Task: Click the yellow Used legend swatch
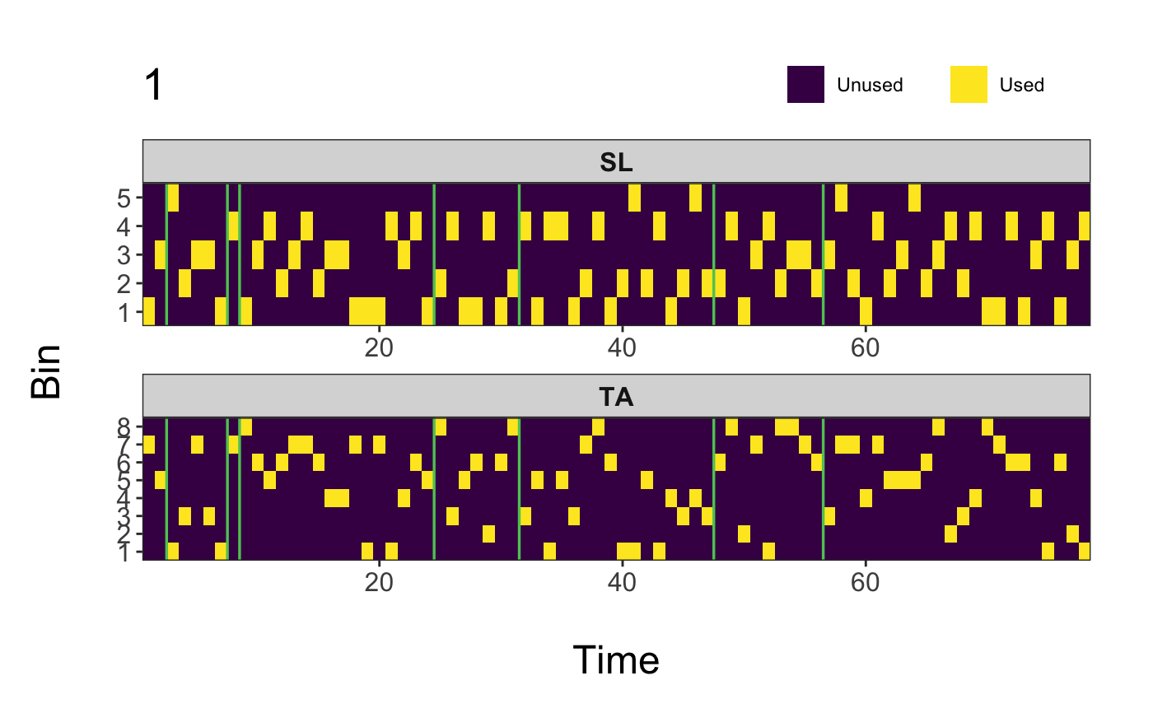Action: pyautogui.click(x=969, y=85)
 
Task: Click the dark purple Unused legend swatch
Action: pyautogui.click(x=805, y=85)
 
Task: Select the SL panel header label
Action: pyautogui.click(x=616, y=162)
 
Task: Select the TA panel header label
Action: pyautogui.click(x=616, y=397)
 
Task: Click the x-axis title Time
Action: pyautogui.click(x=616, y=660)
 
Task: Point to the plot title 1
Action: pyautogui.click(x=153, y=86)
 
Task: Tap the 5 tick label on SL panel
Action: pyautogui.click(x=124, y=198)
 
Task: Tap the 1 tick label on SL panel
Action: pyautogui.click(x=124, y=312)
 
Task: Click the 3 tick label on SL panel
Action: pyautogui.click(x=124, y=255)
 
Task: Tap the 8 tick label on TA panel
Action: pyautogui.click(x=124, y=426)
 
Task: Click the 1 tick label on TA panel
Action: pyautogui.click(x=124, y=552)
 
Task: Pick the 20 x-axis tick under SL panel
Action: pyautogui.click(x=379, y=347)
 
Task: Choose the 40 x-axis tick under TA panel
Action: pyautogui.click(x=622, y=581)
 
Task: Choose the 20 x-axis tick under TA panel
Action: pyautogui.click(x=379, y=581)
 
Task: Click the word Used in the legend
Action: pyautogui.click(x=1021, y=85)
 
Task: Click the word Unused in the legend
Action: pyautogui.click(x=870, y=85)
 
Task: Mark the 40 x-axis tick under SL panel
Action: pyautogui.click(x=622, y=347)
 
